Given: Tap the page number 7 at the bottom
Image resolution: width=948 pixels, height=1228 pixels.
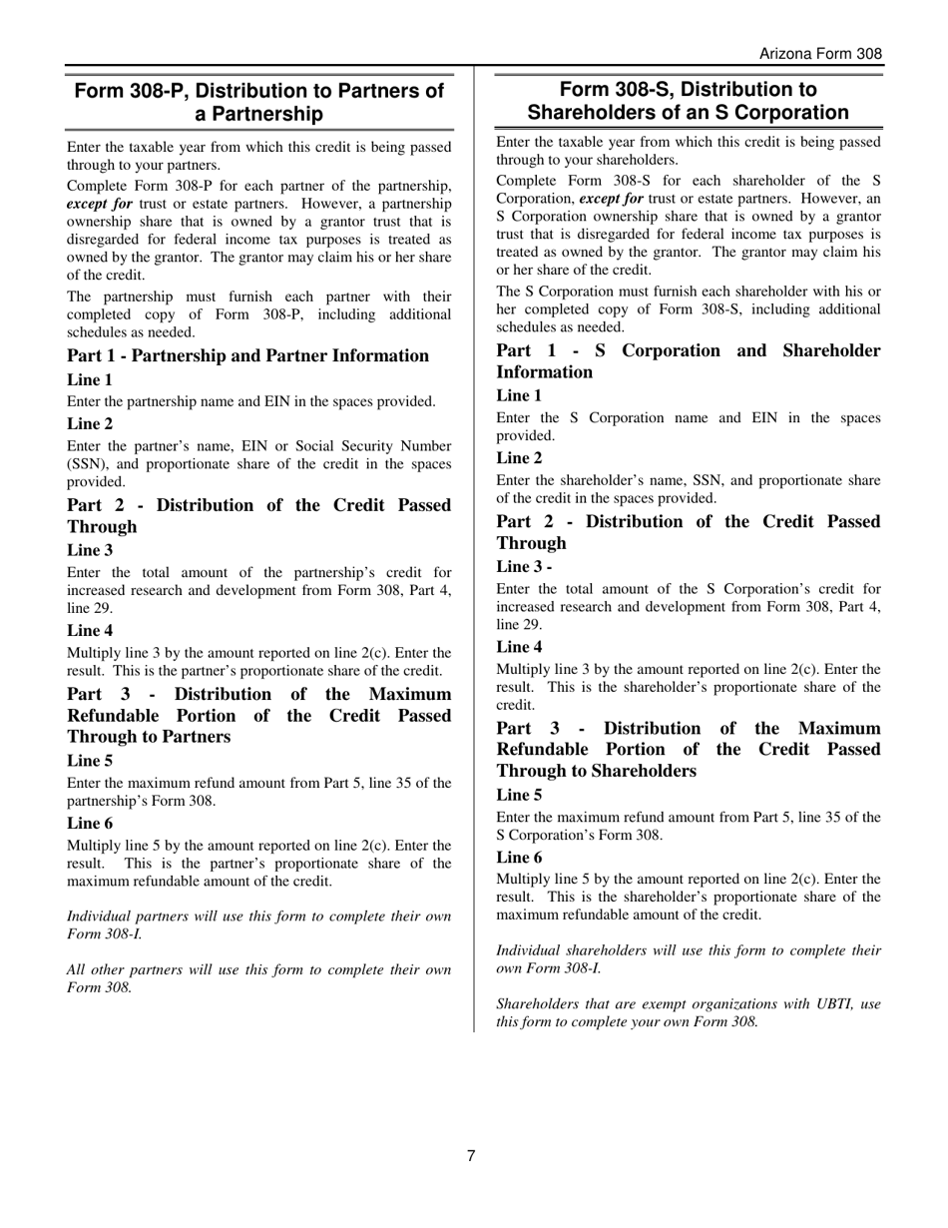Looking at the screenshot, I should pyautogui.click(x=471, y=1156).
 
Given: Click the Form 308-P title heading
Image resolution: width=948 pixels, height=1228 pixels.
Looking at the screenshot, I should pyautogui.click(x=259, y=103).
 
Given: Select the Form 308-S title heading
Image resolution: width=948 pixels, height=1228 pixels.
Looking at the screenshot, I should pyautogui.click(x=689, y=101).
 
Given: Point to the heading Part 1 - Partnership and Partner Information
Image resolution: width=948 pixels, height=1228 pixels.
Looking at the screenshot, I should pyautogui.click(x=247, y=356).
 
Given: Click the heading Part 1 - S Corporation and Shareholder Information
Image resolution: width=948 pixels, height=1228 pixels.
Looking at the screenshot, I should pyautogui.click(x=689, y=361).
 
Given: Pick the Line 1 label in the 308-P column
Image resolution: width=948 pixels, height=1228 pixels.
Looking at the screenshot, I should pyautogui.click(x=90, y=380).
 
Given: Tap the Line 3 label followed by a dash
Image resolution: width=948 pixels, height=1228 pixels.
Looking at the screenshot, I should pyautogui.click(x=525, y=567).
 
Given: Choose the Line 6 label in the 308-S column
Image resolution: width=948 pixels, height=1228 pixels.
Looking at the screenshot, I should pyautogui.click(x=519, y=858).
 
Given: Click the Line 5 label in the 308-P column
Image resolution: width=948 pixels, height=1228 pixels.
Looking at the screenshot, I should pyautogui.click(x=90, y=761).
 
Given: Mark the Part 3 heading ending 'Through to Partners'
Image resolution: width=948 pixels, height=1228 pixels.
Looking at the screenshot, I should pyautogui.click(x=259, y=716).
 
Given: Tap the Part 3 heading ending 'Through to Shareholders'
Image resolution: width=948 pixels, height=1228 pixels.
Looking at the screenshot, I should pyautogui.click(x=689, y=750).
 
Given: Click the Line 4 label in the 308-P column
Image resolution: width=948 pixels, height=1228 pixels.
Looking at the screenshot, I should pyautogui.click(x=90, y=630).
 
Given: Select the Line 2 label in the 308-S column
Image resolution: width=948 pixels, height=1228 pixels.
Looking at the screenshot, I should pyautogui.click(x=519, y=458).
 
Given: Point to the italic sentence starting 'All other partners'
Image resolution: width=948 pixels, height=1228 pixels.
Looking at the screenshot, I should pyautogui.click(x=259, y=978).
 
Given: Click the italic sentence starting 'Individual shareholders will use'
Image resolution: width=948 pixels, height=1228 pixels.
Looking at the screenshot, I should pyautogui.click(x=689, y=958).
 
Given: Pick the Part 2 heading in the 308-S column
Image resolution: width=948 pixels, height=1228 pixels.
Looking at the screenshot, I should pyautogui.click(x=689, y=532).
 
